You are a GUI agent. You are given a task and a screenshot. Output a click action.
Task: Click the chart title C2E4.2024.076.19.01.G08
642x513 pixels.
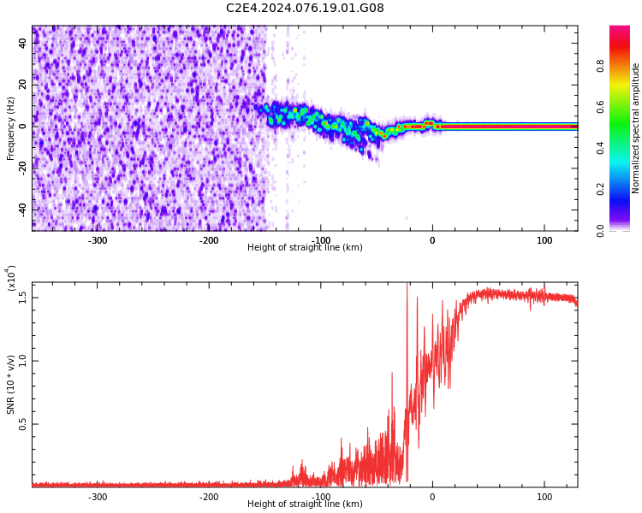click(x=305, y=9)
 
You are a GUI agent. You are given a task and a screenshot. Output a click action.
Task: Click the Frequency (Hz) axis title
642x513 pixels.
click(x=11, y=128)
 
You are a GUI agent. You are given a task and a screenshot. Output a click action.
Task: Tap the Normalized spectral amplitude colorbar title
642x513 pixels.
click(x=636, y=128)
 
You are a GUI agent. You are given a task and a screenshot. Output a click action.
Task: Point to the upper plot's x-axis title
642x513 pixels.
click(x=305, y=248)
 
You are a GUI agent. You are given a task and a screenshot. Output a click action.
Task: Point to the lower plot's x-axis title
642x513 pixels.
click(x=305, y=504)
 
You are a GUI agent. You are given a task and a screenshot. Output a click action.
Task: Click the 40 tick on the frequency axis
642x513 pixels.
click(x=23, y=43)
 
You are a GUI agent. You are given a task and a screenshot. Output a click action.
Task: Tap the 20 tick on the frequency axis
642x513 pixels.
click(x=23, y=84)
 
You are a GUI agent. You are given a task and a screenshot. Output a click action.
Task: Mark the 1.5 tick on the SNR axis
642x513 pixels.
click(x=23, y=297)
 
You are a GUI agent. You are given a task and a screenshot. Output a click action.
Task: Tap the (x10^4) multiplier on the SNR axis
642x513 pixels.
click(x=12, y=278)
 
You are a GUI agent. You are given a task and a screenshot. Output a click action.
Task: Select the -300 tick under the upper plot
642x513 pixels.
click(x=98, y=240)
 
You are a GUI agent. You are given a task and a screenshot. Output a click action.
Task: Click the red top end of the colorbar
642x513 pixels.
click(x=619, y=31)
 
